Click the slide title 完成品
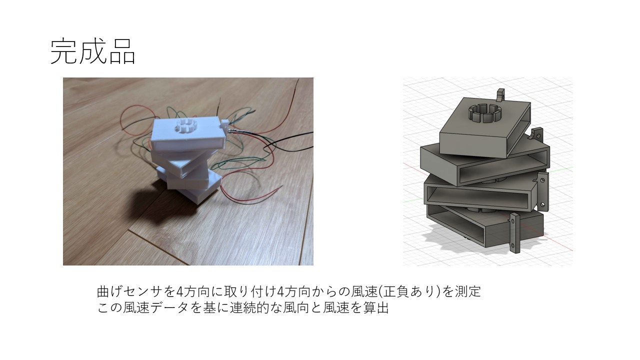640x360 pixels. pyautogui.click(x=93, y=52)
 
